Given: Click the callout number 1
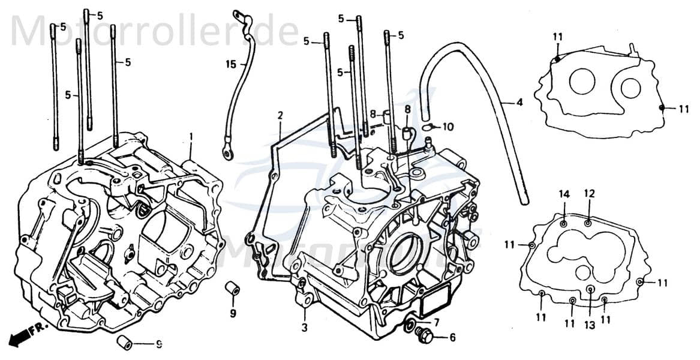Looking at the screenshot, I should pyautogui.click(x=191, y=137).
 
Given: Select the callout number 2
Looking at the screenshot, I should pyautogui.click(x=280, y=115).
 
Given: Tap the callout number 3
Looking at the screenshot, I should pyautogui.click(x=305, y=328).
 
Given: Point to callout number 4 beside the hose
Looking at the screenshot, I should pyautogui.click(x=519, y=103).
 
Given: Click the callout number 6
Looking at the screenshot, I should pyautogui.click(x=452, y=338).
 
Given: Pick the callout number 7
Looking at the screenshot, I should pyautogui.click(x=437, y=322).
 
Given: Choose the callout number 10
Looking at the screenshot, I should pyautogui.click(x=449, y=127).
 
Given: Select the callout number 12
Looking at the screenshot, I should pyautogui.click(x=589, y=193).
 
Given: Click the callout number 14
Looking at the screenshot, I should pyautogui.click(x=564, y=193).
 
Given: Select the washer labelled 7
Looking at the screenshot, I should pyautogui.click(x=409, y=326).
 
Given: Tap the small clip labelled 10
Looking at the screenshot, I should pyautogui.click(x=428, y=127).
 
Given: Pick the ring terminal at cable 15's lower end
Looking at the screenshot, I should pyautogui.click(x=229, y=154).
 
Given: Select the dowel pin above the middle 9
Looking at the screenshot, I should pyautogui.click(x=232, y=288).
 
